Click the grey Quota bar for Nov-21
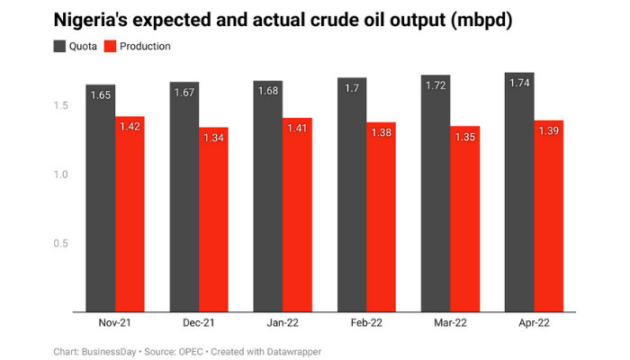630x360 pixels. click(x=101, y=198)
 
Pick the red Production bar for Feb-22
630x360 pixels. click(x=381, y=216)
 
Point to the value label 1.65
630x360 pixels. click(x=101, y=94)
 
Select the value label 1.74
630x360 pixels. click(x=519, y=82)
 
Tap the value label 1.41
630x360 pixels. click(x=297, y=128)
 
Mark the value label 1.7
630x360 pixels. click(x=352, y=87)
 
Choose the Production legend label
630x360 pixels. click(x=145, y=46)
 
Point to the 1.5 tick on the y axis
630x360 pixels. click(x=59, y=106)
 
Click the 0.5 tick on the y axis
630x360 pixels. click(x=59, y=243)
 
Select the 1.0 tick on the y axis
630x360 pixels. click(x=59, y=175)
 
